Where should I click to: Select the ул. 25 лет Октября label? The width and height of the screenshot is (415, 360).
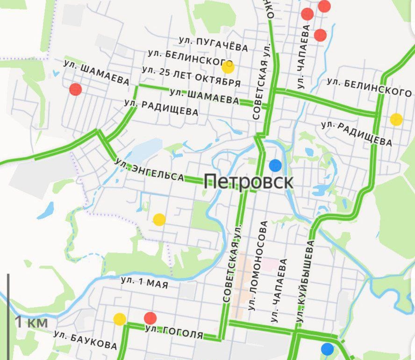[191, 77]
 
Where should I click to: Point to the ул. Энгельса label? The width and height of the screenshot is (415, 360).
[150, 170]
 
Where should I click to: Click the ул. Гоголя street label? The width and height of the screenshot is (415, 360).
[174, 332]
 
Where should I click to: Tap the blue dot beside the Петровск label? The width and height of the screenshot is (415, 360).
[275, 165]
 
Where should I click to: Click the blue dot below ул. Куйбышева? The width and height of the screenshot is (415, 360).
[328, 349]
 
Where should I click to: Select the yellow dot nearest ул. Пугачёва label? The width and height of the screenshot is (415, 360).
[228, 67]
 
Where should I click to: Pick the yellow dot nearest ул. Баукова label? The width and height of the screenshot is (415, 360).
[120, 319]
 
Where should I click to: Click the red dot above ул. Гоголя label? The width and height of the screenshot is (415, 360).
[150, 318]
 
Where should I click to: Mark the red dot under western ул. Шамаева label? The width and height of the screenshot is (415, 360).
[75, 89]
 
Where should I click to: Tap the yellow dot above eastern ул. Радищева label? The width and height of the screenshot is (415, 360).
[396, 119]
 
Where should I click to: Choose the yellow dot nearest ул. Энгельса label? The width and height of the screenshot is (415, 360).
[159, 219]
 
